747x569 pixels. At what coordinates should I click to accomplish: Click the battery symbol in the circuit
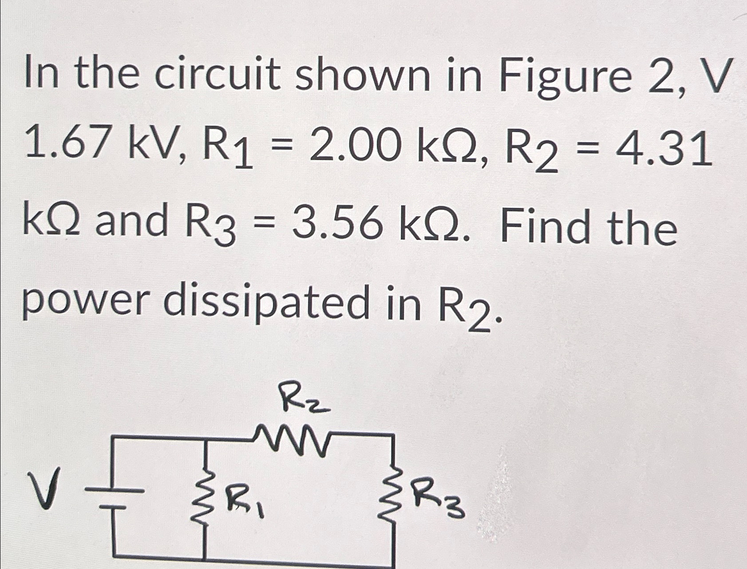[x=113, y=497]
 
